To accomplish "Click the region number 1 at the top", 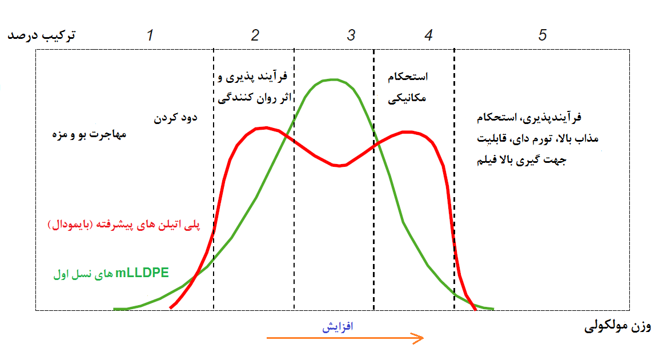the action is coord(150,35).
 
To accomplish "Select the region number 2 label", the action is coord(255,35).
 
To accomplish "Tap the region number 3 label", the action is coord(351,35).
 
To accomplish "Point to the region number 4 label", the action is coord(429,35).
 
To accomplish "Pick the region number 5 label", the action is coord(543,35).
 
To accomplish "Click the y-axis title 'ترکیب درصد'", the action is coord(42,35).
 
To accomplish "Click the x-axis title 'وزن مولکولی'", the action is coord(617,327).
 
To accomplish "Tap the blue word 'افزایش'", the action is coord(337,327).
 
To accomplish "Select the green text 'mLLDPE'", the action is coord(142,273).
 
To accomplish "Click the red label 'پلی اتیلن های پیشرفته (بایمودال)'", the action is coord(124,225).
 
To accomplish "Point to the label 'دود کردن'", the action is coord(175,118).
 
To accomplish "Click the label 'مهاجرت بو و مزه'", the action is coord(89,134).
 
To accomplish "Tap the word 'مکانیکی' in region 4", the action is coord(407,98).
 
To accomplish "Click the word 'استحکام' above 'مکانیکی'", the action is coord(408,77).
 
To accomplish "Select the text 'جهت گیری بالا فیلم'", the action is coord(521,160).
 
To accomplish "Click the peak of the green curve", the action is coord(334,79).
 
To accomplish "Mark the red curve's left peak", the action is coord(266,127).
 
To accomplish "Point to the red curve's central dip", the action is coord(339,166).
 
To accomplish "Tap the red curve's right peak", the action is coord(409,132).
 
